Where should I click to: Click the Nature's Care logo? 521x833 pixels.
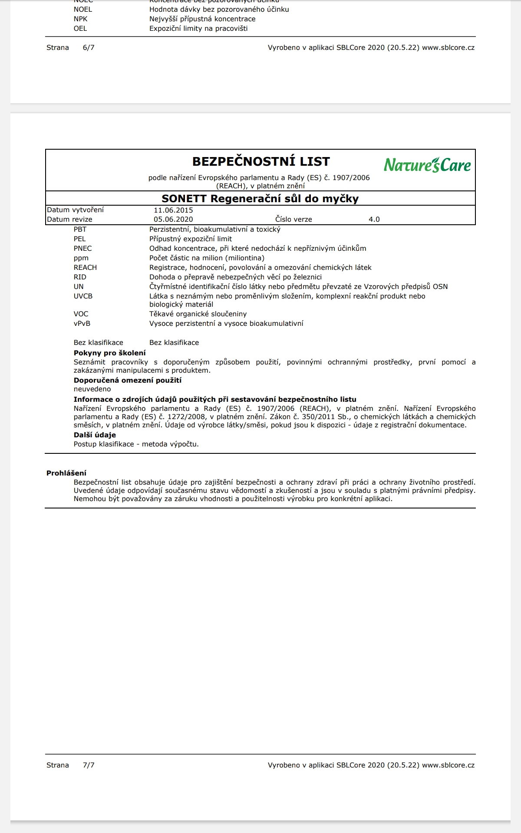[427, 165]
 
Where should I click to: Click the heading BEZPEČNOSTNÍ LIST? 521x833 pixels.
[261, 161]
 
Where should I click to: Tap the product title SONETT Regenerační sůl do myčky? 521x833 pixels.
[260, 199]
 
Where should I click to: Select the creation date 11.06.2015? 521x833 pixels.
[173, 210]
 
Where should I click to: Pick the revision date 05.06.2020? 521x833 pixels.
[173, 220]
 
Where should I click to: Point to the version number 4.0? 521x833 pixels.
[374, 220]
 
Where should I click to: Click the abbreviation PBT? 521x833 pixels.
[80, 230]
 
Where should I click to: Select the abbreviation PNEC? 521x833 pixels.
[82, 249]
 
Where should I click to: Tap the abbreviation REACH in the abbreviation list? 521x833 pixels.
[85, 268]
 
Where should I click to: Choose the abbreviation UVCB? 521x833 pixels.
[83, 296]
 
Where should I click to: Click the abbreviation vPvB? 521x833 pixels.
[82, 324]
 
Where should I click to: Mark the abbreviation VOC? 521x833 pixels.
[81, 314]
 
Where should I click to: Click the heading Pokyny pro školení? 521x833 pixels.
[109, 353]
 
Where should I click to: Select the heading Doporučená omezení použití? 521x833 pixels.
[127, 380]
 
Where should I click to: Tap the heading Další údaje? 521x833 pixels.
[95, 435]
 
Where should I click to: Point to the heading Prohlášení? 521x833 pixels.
[66, 473]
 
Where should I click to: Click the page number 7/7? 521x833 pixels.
[89, 765]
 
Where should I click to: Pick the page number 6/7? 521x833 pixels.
[89, 48]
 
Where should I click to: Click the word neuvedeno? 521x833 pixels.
[92, 389]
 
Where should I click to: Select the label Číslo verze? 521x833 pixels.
[293, 220]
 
